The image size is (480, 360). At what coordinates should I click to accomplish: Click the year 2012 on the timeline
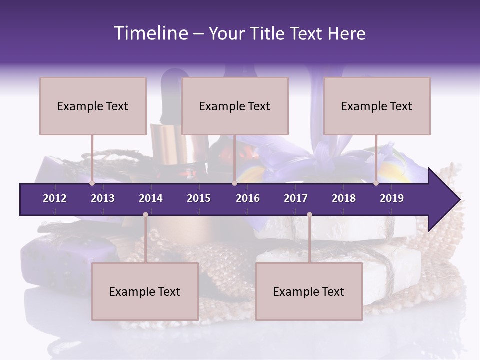55,198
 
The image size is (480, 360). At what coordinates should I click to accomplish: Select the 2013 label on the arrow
103,198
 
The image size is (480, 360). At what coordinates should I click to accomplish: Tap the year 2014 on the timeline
151,198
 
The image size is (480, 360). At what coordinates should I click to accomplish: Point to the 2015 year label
199,198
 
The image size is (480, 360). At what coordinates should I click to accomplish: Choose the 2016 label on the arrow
248,198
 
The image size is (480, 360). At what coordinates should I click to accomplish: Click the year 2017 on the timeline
296,198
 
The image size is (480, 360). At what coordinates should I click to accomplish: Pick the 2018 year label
344,198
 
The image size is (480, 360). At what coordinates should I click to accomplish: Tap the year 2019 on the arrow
392,198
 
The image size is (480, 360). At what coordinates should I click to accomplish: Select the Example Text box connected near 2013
93,106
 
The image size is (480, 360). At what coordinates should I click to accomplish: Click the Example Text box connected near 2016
235,106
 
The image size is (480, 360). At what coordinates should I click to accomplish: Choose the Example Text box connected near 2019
377,106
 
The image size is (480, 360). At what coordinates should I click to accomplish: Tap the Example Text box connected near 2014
145,291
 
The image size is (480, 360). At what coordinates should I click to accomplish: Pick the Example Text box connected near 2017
309,291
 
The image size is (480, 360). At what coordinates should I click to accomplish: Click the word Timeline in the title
150,33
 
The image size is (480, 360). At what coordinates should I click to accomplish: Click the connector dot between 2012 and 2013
92,183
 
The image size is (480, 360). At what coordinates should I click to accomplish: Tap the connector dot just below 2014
145,215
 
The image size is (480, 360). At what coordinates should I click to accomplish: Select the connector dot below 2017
309,215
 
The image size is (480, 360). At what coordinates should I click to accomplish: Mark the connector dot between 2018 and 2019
376,183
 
